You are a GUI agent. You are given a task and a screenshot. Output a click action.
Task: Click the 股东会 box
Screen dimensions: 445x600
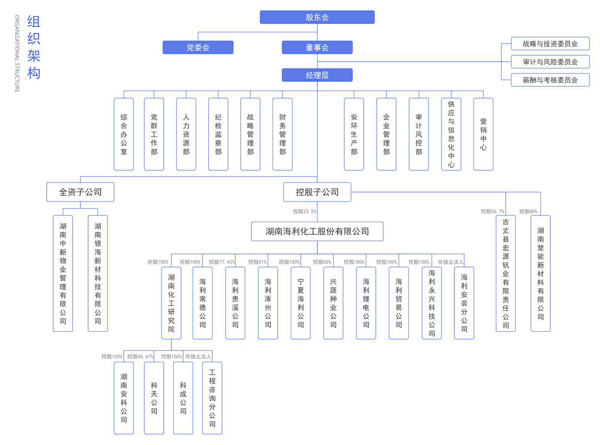(x=317, y=17)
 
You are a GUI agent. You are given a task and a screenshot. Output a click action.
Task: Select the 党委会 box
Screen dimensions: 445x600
(x=198, y=48)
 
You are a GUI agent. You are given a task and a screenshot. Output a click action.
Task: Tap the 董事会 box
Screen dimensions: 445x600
(x=317, y=48)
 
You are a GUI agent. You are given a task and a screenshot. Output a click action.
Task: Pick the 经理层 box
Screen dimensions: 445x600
(x=317, y=75)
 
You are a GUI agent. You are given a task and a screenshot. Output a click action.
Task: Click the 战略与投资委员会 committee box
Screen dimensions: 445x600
(x=550, y=44)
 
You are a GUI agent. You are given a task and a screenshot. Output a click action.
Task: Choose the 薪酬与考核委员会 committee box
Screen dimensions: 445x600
(x=550, y=80)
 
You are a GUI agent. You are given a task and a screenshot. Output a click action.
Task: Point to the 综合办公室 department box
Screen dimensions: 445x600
(x=124, y=134)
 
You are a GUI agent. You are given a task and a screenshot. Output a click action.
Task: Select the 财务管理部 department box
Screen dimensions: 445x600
(x=283, y=134)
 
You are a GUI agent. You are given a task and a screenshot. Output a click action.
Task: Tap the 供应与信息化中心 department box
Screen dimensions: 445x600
(x=451, y=134)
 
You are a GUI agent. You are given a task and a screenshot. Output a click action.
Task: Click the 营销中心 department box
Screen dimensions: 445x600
(x=483, y=134)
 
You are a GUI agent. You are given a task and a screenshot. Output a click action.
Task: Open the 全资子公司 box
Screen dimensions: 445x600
(x=80, y=192)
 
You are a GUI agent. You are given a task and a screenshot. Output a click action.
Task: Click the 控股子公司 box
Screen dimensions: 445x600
(x=317, y=192)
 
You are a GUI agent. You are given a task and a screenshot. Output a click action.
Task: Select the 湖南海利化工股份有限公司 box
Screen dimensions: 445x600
(x=317, y=232)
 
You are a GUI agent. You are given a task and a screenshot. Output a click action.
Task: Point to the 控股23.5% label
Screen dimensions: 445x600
(x=305, y=212)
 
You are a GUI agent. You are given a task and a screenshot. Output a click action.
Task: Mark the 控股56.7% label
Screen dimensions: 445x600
(x=492, y=212)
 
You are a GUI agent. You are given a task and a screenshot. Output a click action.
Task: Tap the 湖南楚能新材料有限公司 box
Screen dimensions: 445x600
(x=540, y=273)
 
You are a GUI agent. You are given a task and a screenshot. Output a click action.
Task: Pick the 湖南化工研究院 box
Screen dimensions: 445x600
(x=171, y=303)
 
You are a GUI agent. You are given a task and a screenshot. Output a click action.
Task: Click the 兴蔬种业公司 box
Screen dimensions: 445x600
(x=333, y=303)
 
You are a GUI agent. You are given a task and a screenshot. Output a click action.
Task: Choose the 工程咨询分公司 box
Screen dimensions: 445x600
(x=212, y=398)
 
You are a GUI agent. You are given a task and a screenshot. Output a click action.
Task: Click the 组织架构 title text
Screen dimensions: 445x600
(x=34, y=48)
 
